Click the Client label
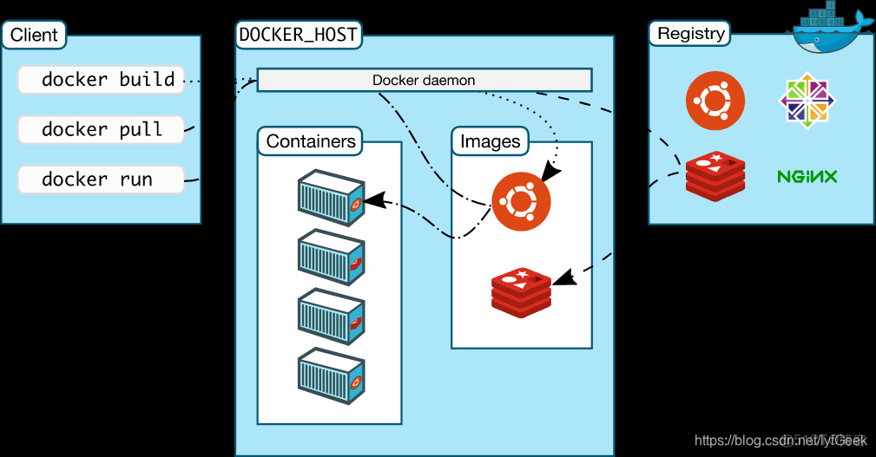(34, 36)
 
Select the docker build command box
(101, 80)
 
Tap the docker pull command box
(101, 130)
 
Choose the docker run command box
(101, 180)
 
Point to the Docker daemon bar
(424, 81)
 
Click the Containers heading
(311, 141)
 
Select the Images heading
(490, 141)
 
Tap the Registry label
(690, 34)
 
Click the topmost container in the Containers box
(331, 198)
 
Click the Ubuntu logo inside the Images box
(521, 202)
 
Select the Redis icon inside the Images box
(521, 292)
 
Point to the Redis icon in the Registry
(715, 176)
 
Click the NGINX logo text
(807, 177)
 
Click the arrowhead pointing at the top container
(373, 200)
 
